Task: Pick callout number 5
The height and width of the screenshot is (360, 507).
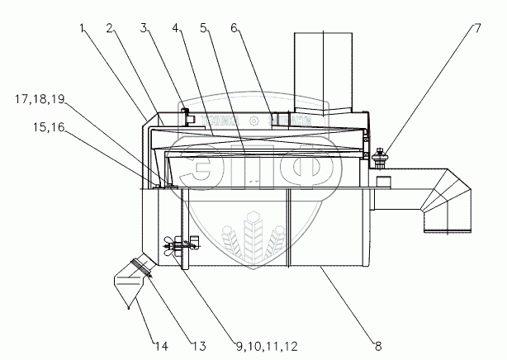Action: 204,28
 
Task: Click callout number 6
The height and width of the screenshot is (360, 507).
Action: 235,28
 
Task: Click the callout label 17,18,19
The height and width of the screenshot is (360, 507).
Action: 40,100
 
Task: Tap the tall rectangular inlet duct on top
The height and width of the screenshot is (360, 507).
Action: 322,74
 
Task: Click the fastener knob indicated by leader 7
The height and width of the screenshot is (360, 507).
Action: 381,154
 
